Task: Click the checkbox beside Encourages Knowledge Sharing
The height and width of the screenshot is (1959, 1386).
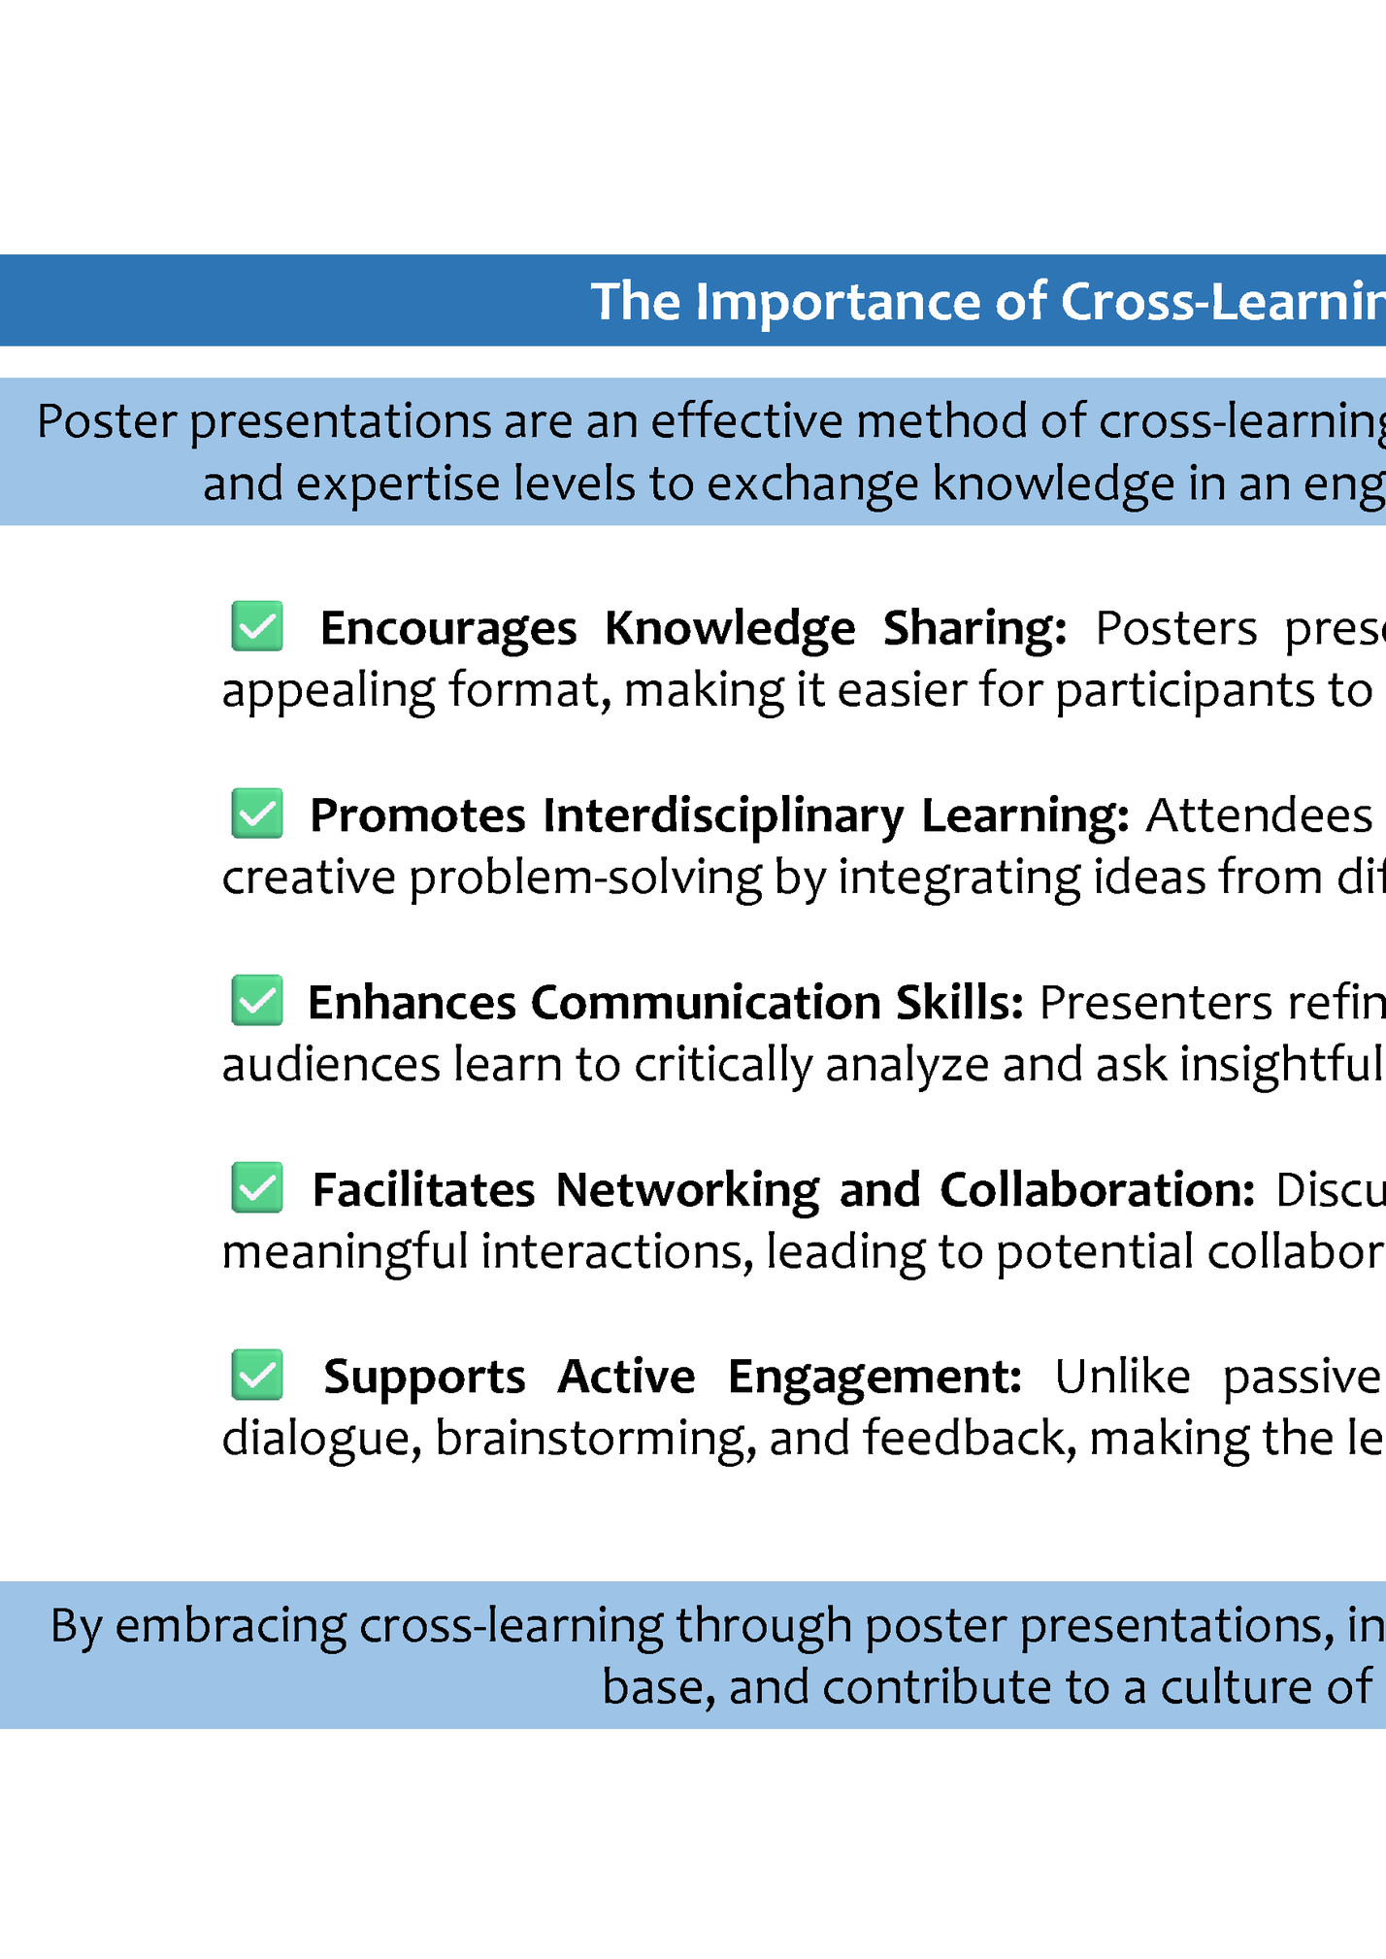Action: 257,626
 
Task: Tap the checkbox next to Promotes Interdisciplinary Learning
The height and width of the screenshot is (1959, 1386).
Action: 257,813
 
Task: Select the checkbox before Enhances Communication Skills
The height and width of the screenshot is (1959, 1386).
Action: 257,1001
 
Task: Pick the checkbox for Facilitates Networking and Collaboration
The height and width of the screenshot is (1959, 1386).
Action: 257,1188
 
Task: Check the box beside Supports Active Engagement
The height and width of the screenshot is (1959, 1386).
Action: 257,1376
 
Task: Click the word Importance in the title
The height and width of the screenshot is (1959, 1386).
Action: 839,302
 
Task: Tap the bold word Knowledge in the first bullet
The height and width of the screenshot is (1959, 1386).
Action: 730,628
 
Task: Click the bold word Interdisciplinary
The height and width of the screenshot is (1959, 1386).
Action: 723,815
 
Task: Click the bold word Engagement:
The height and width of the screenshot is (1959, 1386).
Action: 874,1378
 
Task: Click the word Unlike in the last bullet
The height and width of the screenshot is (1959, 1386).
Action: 1122,1378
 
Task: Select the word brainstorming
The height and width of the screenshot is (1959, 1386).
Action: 595,1439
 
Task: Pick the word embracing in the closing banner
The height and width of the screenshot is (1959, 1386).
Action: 231,1626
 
